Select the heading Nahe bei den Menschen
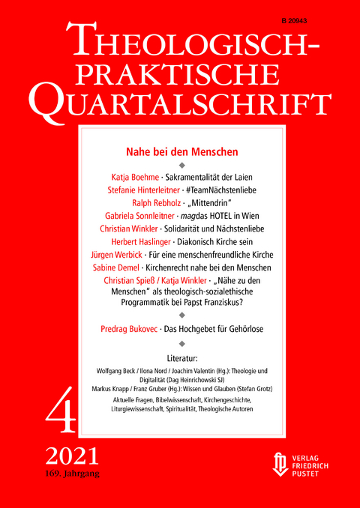[184, 151]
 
